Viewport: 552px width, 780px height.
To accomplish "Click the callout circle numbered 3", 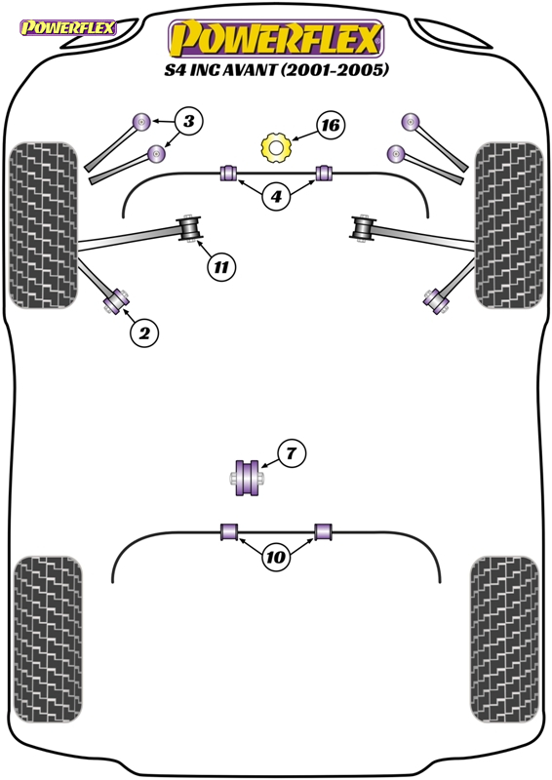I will point(188,122).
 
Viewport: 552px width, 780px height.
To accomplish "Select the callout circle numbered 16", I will point(331,125).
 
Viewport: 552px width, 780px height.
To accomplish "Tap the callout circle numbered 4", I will point(276,197).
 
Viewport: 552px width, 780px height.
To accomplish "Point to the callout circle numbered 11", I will point(221,265).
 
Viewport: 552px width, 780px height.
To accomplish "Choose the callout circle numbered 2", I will point(143,333).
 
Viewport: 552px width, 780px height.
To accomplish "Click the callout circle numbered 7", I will point(291,452).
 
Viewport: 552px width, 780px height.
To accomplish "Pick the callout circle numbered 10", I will point(276,558).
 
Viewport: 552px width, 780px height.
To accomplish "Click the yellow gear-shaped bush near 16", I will point(276,148).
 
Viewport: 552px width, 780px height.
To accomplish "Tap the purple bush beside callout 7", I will point(247,476).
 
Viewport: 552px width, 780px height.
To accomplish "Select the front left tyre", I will point(43,225).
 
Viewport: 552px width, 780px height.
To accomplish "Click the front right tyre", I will point(507,225).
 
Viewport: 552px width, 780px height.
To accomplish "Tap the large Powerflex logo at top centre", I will point(276,41).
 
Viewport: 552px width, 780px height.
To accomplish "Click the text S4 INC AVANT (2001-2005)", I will point(276,70).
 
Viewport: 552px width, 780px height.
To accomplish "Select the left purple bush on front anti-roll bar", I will point(231,174).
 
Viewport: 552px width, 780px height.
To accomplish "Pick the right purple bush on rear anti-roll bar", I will point(324,531).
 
